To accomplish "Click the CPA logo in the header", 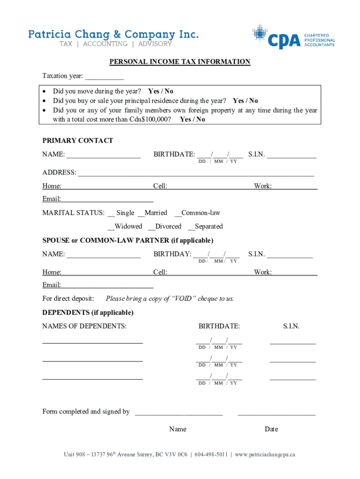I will pos(294,36).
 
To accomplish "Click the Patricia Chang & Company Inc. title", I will pos(114,34).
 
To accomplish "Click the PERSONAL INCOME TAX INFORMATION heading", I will pos(180,62).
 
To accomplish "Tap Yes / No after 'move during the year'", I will pos(160,91).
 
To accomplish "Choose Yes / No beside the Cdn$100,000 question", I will pos(192,119).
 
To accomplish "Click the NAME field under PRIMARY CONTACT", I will pos(103,155).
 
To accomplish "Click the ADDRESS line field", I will pos(196,173).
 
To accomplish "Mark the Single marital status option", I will pos(112,213).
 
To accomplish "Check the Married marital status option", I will pos(141,213).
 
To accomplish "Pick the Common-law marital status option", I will pos(178,213).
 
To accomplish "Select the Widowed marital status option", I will pos(111,227).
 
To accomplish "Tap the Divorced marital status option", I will pos(151,227).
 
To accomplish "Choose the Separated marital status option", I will pos(191,227).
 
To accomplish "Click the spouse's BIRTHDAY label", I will pos(172,254).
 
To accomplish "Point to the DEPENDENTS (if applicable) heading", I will pos(88,312).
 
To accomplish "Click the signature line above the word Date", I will pos(276,413).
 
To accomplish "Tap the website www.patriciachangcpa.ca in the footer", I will pos(265,454).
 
